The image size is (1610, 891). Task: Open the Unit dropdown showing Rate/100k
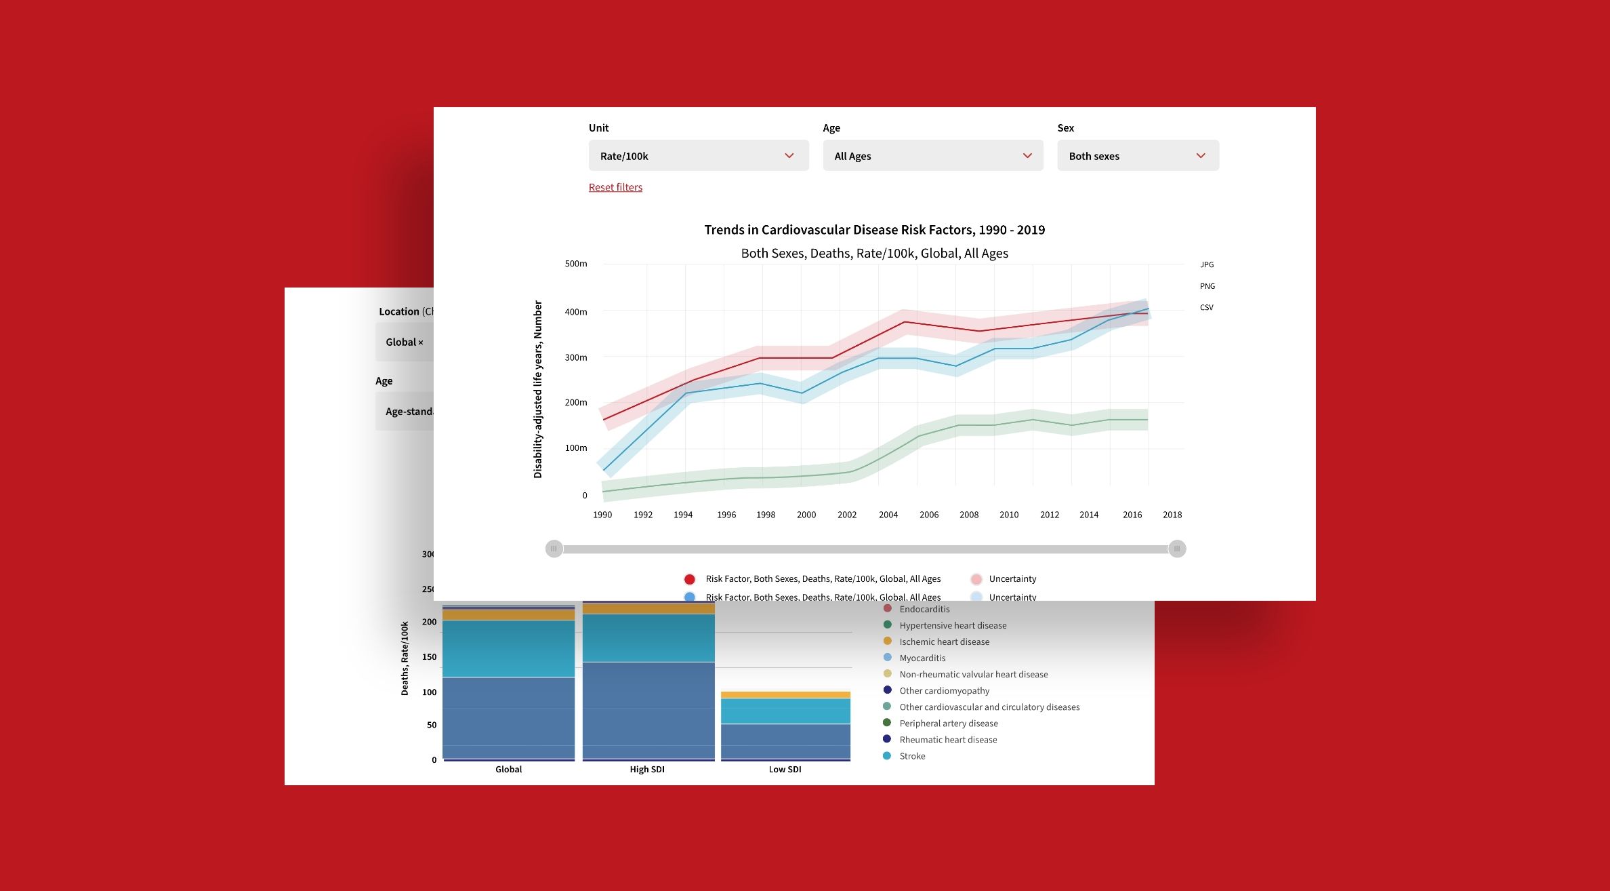pyautogui.click(x=698, y=156)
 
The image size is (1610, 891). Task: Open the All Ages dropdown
pyautogui.click(x=932, y=156)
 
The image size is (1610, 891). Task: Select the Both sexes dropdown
pyautogui.click(x=1138, y=156)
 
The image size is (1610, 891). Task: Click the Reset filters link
pyautogui.click(x=615, y=187)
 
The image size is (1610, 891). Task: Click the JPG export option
pyautogui.click(x=1207, y=264)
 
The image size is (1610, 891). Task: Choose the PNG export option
pyautogui.click(x=1207, y=286)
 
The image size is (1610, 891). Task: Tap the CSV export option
pyautogui.click(x=1206, y=308)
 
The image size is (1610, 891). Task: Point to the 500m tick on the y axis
pyautogui.click(x=576, y=264)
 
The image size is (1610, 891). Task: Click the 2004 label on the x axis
pyautogui.click(x=888, y=515)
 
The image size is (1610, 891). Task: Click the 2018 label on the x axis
pyautogui.click(x=1172, y=515)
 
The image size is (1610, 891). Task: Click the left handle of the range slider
pyautogui.click(x=554, y=549)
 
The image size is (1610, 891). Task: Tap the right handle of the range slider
pyautogui.click(x=1177, y=549)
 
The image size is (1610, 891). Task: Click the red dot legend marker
pyautogui.click(x=689, y=579)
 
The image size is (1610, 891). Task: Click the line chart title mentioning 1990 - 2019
pyautogui.click(x=874, y=230)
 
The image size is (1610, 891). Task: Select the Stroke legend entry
pyautogui.click(x=912, y=756)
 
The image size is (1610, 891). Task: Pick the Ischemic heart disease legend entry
pyautogui.click(x=944, y=641)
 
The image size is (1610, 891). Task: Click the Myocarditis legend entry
pyautogui.click(x=922, y=658)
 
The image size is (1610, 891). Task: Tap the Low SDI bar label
pyautogui.click(x=785, y=770)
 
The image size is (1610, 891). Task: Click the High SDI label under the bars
pyautogui.click(x=647, y=770)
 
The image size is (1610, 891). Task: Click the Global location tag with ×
pyautogui.click(x=405, y=342)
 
